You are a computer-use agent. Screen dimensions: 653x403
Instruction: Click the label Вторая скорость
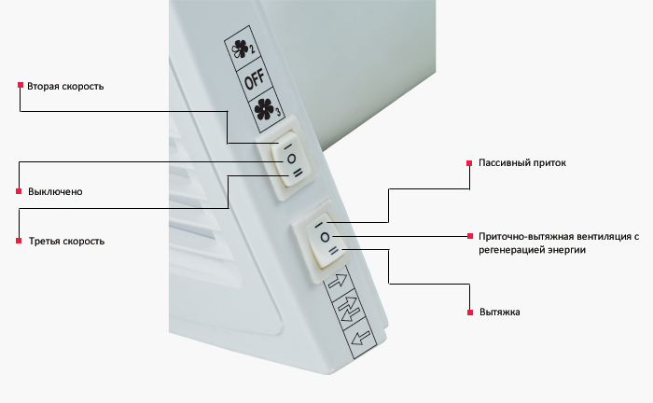pyautogui.click(x=65, y=86)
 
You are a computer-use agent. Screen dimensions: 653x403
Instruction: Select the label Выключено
pyautogui.click(x=55, y=192)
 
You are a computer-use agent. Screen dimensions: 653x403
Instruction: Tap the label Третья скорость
pyautogui.click(x=66, y=241)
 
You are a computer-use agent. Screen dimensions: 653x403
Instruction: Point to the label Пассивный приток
pyautogui.click(x=522, y=162)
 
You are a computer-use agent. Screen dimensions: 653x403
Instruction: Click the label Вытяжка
pyautogui.click(x=500, y=312)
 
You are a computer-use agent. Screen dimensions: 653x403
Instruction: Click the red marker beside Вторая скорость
pyautogui.click(x=21, y=85)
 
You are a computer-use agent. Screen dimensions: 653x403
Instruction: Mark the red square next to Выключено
pyautogui.click(x=19, y=191)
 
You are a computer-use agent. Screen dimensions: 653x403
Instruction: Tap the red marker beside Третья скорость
pyautogui.click(x=19, y=241)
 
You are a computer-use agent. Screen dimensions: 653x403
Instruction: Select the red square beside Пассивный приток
pyautogui.click(x=469, y=163)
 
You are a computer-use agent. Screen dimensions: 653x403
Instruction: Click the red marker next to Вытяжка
pyautogui.click(x=470, y=313)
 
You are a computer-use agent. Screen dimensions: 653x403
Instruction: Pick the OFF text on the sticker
pyautogui.click(x=254, y=79)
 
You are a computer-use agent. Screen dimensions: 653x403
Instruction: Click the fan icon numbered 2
pyautogui.click(x=243, y=49)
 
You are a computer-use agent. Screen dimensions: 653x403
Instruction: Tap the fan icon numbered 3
pyautogui.click(x=267, y=109)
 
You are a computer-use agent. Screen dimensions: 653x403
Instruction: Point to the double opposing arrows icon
pyautogui.click(x=348, y=309)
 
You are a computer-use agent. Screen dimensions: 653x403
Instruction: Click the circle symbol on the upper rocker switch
pyautogui.click(x=291, y=159)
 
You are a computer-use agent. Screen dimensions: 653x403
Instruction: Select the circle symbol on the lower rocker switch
pyautogui.click(x=325, y=237)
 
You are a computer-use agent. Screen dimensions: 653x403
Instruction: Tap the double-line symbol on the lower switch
pyautogui.click(x=334, y=251)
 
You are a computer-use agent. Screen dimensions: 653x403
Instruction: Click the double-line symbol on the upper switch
pyautogui.click(x=299, y=174)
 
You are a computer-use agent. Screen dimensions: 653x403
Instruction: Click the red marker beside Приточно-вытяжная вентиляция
pyautogui.click(x=470, y=236)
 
